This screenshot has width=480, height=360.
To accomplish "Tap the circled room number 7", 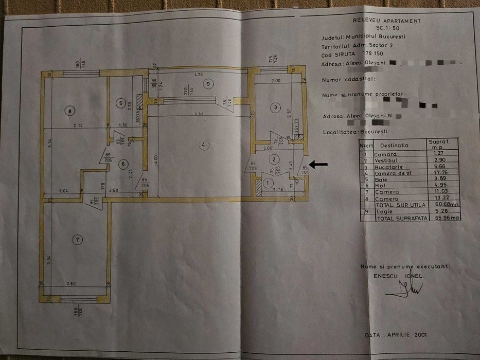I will click(77, 239).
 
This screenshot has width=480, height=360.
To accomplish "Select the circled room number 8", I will click(68, 110).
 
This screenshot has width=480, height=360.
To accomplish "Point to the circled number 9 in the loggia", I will click(208, 83).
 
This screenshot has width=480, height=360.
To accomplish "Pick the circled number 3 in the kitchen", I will click(276, 107).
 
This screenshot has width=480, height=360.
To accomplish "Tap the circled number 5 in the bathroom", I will click(120, 103).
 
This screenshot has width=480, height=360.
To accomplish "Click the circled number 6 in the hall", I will click(122, 164).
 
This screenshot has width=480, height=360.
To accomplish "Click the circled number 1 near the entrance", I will click(266, 182).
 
